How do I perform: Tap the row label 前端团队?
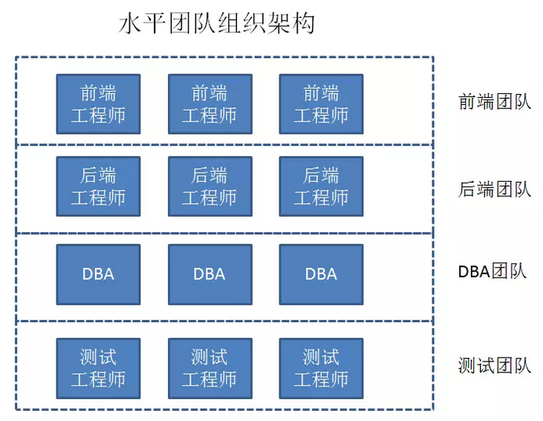coord(494,103)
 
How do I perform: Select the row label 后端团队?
coord(494,190)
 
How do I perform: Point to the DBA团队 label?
coord(494,272)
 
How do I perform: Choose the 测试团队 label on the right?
coord(494,366)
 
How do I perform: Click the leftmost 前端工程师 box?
coord(98,104)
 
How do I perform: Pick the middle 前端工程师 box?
coord(210,104)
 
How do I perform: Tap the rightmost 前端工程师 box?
coord(321,104)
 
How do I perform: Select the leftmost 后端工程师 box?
coord(98,187)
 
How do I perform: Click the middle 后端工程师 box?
coord(210,187)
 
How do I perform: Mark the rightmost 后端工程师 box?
coord(321,187)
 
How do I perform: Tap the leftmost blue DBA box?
coord(98,274)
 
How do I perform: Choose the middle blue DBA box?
coord(210,274)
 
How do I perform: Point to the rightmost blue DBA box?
coord(321,274)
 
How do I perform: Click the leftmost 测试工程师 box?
coord(98,368)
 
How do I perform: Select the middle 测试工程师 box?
coord(210,368)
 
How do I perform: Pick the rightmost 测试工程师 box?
coord(321,368)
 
